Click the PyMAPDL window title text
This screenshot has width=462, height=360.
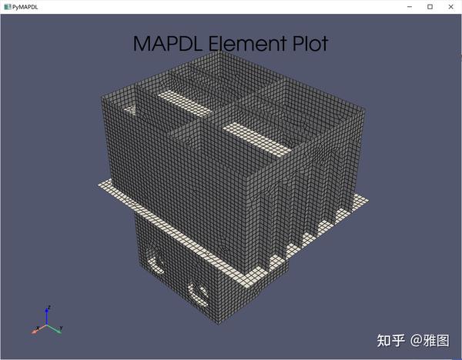click(25, 6)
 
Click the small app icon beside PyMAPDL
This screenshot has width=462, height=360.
click(6, 6)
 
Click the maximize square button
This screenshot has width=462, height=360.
click(430, 6)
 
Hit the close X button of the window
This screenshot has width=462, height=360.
click(451, 6)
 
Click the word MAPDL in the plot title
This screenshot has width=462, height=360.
click(167, 43)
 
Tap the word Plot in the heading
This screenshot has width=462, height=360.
click(306, 43)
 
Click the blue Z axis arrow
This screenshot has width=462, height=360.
click(47, 316)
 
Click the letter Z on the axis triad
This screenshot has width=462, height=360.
click(48, 308)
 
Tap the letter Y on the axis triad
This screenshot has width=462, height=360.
click(62, 329)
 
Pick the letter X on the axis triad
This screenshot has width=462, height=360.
click(34, 332)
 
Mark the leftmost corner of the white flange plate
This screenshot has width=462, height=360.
click(98, 185)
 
